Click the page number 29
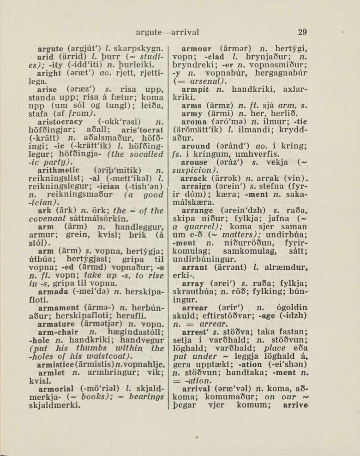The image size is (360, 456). pyautogui.click(x=302, y=32)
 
